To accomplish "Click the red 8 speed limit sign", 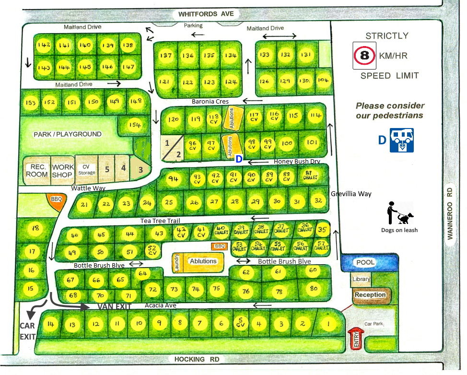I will coord(364,56).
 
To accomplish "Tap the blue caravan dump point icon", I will coord(402,140).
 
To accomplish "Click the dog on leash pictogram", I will coord(400,214).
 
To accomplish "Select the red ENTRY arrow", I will coord(355,338).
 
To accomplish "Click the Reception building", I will coord(370,295).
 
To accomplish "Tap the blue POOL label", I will coord(365,262).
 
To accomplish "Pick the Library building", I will coord(361,279).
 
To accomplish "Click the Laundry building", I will coord(176,262).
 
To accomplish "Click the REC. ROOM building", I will coord(36,170).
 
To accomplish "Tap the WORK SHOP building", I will coord(63,170).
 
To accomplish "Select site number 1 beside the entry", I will coord(328,324).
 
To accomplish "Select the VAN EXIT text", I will coord(115,306).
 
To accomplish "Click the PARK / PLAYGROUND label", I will coord(67,134).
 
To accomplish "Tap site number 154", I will coord(135,125).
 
